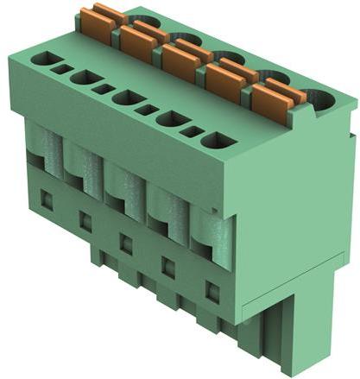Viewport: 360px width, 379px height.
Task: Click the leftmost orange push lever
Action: [98, 26]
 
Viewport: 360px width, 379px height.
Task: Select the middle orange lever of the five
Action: [180, 61]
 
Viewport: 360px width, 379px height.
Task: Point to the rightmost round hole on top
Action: [320, 101]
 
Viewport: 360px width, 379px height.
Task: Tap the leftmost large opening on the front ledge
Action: [41, 60]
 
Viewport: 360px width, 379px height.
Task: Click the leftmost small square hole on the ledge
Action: [62, 68]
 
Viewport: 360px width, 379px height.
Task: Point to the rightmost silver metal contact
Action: [216, 233]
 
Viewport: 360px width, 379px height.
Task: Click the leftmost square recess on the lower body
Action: [47, 201]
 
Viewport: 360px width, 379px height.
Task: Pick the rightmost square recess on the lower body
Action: [212, 287]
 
